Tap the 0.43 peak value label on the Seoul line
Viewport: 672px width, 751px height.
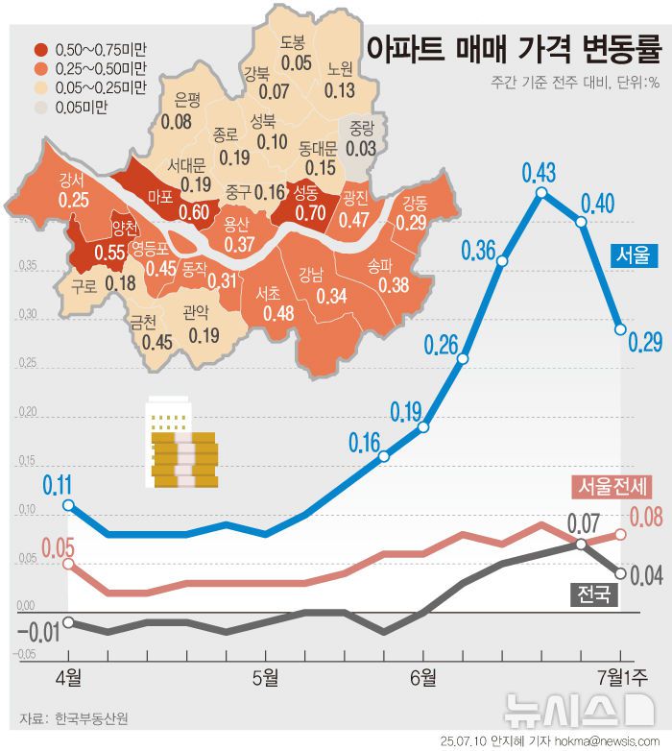point(539,173)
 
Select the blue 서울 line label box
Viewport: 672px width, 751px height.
point(635,254)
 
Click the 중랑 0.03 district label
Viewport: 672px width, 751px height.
point(361,139)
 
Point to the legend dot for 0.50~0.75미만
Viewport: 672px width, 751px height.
point(40,48)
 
